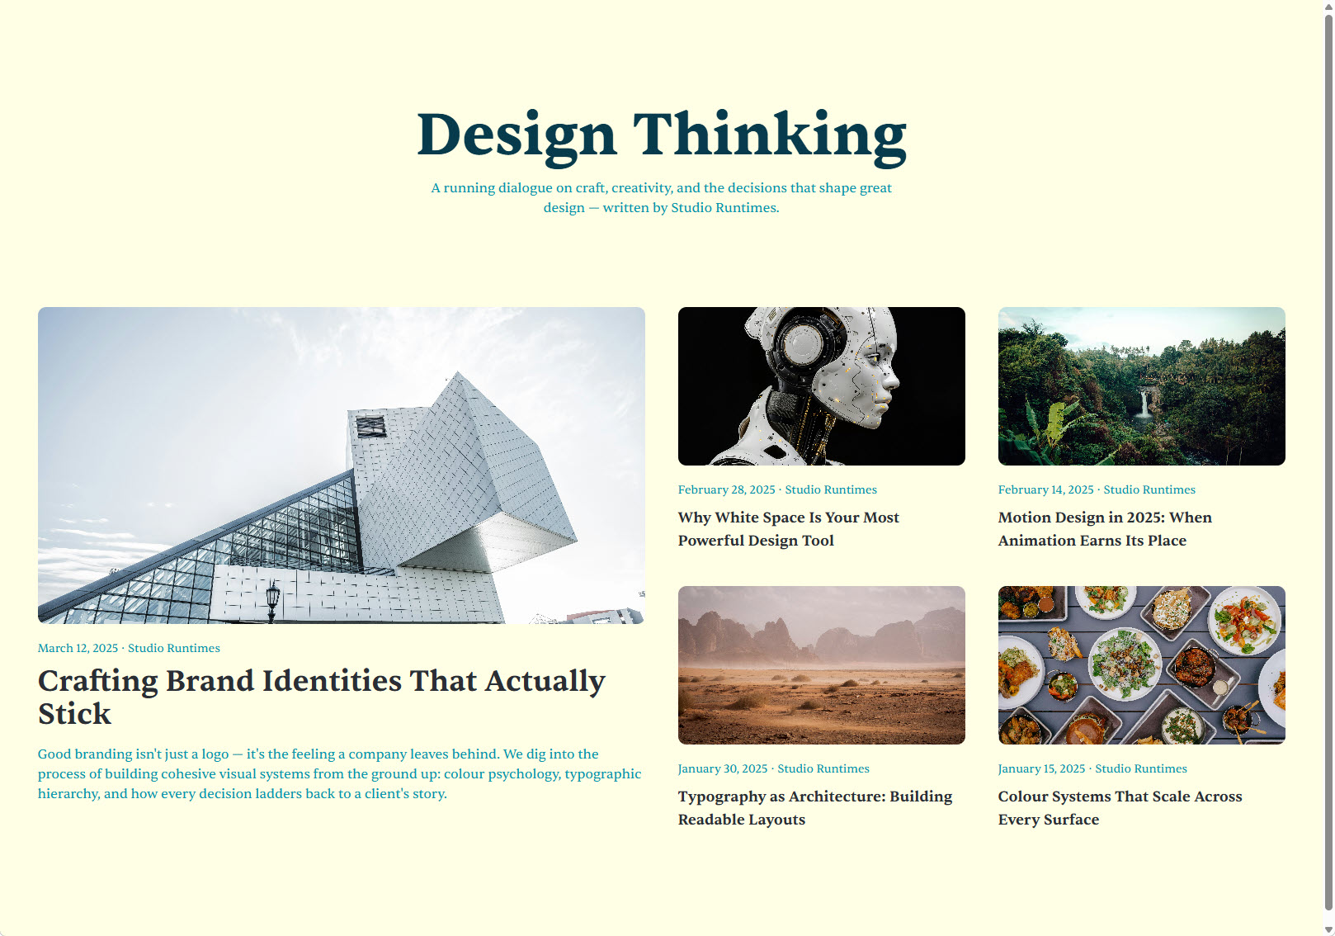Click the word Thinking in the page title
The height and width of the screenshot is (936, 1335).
770,138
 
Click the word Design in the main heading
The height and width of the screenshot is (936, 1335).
517,138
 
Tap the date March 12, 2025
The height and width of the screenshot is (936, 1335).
78,648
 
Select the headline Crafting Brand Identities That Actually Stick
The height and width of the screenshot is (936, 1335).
322,697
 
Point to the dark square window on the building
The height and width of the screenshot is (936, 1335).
370,426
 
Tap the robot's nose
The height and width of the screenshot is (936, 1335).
893,378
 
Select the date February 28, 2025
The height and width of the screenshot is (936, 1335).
727,489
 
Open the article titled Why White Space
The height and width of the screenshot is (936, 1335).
789,529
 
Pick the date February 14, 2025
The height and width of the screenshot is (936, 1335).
1046,489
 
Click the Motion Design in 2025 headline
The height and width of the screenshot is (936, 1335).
1105,529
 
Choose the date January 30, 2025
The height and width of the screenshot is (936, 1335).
723,768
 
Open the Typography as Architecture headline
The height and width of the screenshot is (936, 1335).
815,808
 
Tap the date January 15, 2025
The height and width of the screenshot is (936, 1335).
1042,768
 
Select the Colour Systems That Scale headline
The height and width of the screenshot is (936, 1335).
1120,808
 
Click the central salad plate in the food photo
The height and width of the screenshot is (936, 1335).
1125,662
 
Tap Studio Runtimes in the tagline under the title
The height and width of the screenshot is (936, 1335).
724,207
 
